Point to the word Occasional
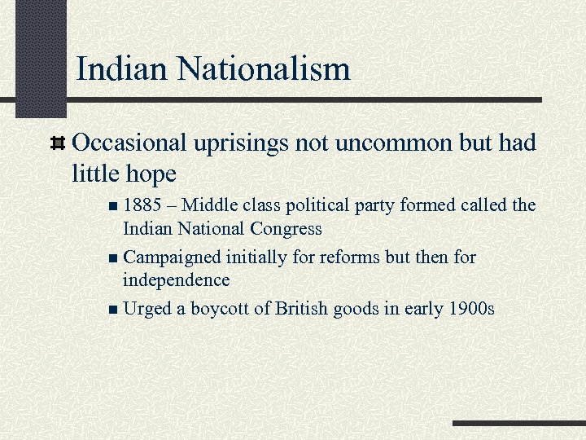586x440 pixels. point(130,143)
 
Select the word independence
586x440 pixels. point(176,280)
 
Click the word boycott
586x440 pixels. point(223,309)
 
